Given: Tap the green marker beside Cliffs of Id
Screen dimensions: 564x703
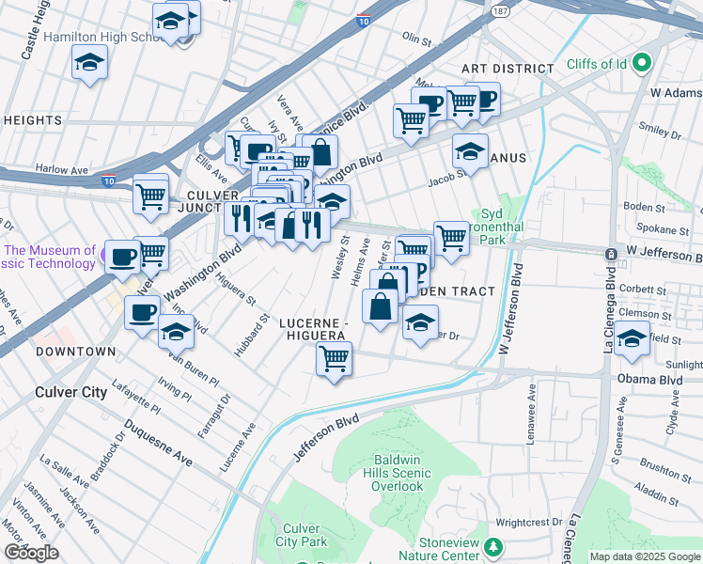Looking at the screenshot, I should tap(643, 64).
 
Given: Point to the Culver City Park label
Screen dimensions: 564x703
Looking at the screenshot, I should tap(301, 534).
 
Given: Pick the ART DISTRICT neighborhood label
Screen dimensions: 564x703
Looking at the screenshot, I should tap(508, 69).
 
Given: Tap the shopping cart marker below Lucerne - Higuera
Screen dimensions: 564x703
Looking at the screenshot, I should tap(335, 359).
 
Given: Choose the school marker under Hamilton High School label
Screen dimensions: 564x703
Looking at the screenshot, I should tap(89, 63).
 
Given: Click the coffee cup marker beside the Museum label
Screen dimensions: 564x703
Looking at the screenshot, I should tap(122, 257).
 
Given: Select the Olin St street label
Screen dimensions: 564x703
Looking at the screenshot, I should tap(415, 37).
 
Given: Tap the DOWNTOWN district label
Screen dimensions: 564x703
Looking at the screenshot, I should tap(75, 351).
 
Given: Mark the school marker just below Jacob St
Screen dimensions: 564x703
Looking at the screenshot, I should tap(470, 150).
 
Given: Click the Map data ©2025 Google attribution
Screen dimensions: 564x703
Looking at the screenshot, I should tap(645, 556).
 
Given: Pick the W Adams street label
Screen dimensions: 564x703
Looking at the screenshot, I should tap(676, 93).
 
